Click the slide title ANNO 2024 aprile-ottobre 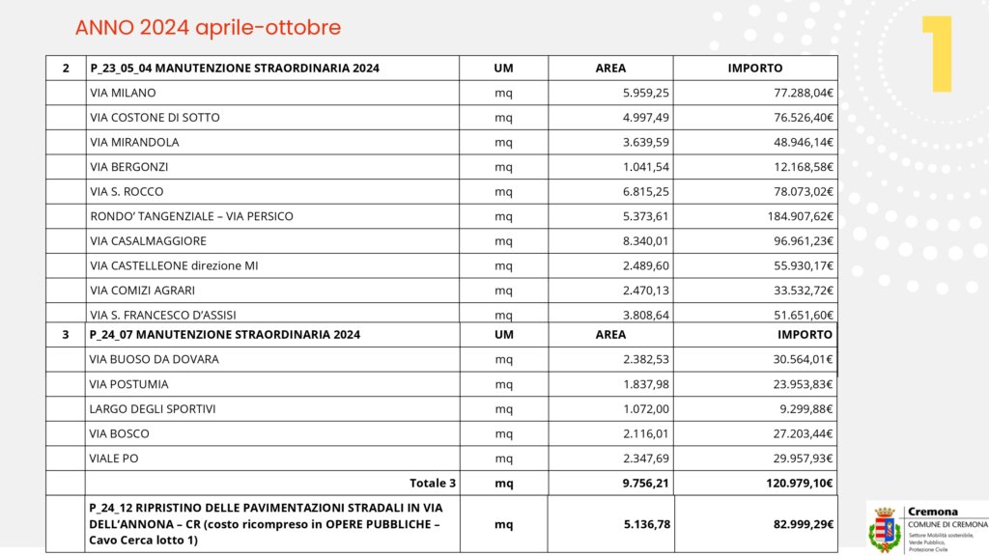pos(208,28)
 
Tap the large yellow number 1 pos(936,55)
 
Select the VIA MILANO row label pos(123,93)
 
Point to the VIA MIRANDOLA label pos(134,142)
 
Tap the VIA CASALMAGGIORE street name pos(148,240)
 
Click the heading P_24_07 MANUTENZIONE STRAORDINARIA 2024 pos(224,334)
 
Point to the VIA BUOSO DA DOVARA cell pos(155,359)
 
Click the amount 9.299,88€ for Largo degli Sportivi pos(806,408)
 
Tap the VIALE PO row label pos(114,458)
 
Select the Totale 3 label pos(433,483)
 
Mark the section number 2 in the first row pos(66,69)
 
